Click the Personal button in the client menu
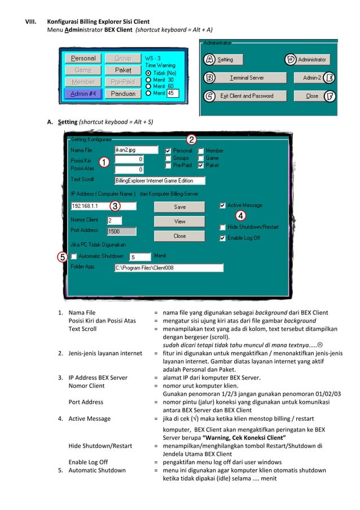[83, 58]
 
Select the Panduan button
[122, 94]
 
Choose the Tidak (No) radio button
[148, 73]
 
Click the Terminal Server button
[247, 77]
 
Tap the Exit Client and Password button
[247, 96]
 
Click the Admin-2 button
[311, 77]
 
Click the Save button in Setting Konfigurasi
[179, 207]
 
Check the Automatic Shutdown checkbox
[74, 256]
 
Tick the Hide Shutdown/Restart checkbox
[223, 227]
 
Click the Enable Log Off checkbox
[223, 238]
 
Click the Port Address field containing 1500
[121, 231]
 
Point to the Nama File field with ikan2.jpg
[135, 150]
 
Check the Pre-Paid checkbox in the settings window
[168, 165]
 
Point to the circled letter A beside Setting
[209, 59]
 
